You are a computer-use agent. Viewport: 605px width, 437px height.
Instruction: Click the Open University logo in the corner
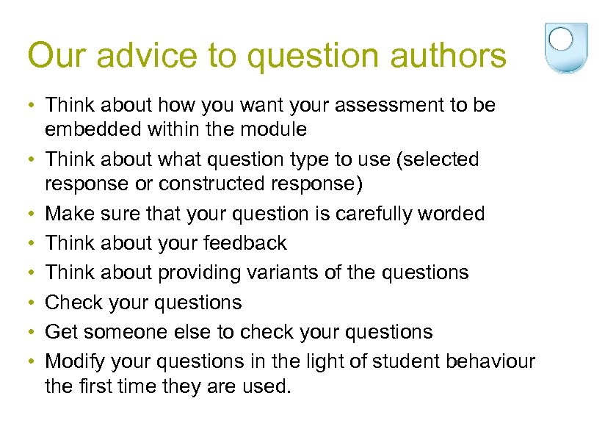[566, 48]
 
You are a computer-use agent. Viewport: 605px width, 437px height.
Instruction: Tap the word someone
[130, 332]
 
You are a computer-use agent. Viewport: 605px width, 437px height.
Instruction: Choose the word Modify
[74, 361]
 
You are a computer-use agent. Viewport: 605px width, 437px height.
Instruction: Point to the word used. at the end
[264, 386]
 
